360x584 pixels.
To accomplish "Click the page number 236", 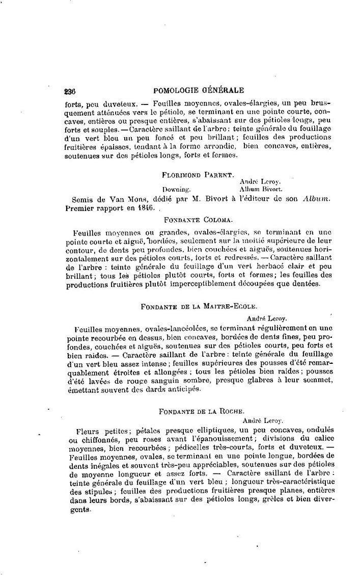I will [70, 92].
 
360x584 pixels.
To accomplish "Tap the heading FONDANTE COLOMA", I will [199, 220].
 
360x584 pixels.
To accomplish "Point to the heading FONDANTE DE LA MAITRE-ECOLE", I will [198, 307].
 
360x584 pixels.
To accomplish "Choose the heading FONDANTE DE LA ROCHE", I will [198, 411].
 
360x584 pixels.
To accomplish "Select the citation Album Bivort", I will [258, 188].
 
